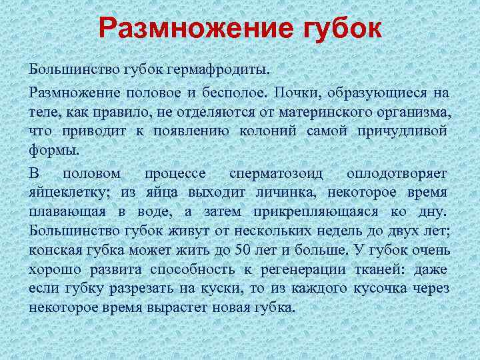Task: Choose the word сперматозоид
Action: coord(276,173)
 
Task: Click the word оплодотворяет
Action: coord(397,173)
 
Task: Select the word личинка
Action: coord(289,193)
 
